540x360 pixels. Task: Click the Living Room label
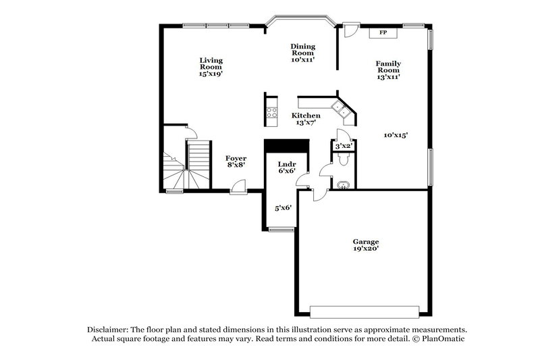(x=211, y=67)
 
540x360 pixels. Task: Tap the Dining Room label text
(x=303, y=53)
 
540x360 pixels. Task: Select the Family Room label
(x=388, y=70)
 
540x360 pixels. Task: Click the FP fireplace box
(x=383, y=32)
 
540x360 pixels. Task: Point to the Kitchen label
(x=306, y=119)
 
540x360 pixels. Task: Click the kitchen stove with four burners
(x=272, y=113)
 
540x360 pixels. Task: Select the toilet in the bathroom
(x=342, y=159)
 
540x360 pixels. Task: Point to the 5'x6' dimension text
(x=282, y=208)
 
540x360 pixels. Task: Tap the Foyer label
(x=236, y=161)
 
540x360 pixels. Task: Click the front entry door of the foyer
(x=238, y=188)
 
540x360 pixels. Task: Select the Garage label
(x=365, y=245)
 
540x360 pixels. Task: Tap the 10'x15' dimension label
(x=396, y=135)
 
